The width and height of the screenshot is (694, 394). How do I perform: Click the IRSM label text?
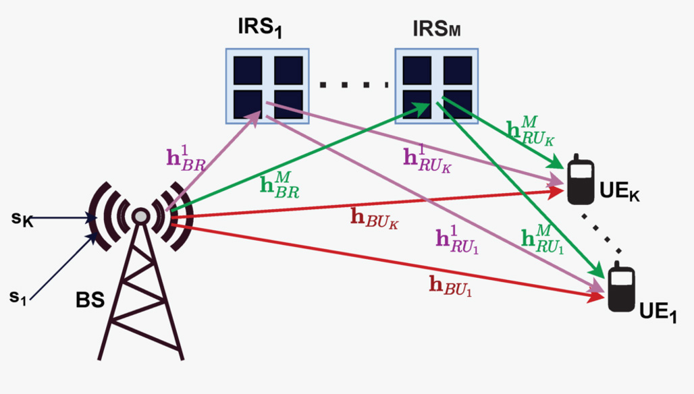[x=437, y=30]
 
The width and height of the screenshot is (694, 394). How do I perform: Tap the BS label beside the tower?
[x=90, y=299]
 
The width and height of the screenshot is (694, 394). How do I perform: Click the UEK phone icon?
[x=580, y=179]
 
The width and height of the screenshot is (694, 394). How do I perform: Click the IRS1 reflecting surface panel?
[x=267, y=85]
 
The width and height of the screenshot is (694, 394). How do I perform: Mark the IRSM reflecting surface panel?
[x=437, y=85]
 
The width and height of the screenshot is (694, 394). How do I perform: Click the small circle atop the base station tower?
[x=140, y=216]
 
